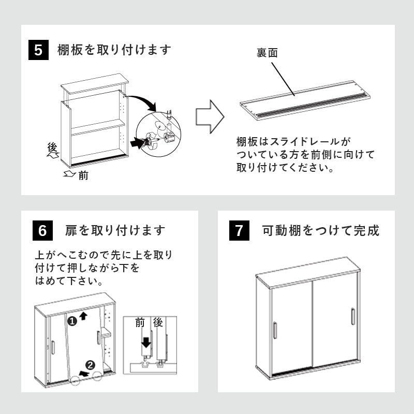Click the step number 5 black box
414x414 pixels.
coord(38,51)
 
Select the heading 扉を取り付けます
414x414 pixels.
coord(115,230)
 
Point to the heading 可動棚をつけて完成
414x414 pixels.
coord(321,230)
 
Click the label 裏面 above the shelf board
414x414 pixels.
coord(268,53)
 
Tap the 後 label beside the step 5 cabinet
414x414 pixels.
coord(52,148)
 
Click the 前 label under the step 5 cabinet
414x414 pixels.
coord(83,176)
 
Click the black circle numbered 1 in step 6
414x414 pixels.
coord(72,321)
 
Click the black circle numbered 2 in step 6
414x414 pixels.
coord(90,365)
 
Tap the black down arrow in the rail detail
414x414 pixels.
coord(146,342)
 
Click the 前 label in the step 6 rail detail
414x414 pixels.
coord(140,323)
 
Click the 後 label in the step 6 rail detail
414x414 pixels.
coord(158,323)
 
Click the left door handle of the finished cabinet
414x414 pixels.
coord(275,330)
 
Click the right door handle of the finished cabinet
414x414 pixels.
coord(352,316)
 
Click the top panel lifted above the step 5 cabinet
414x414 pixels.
coord(95,84)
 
